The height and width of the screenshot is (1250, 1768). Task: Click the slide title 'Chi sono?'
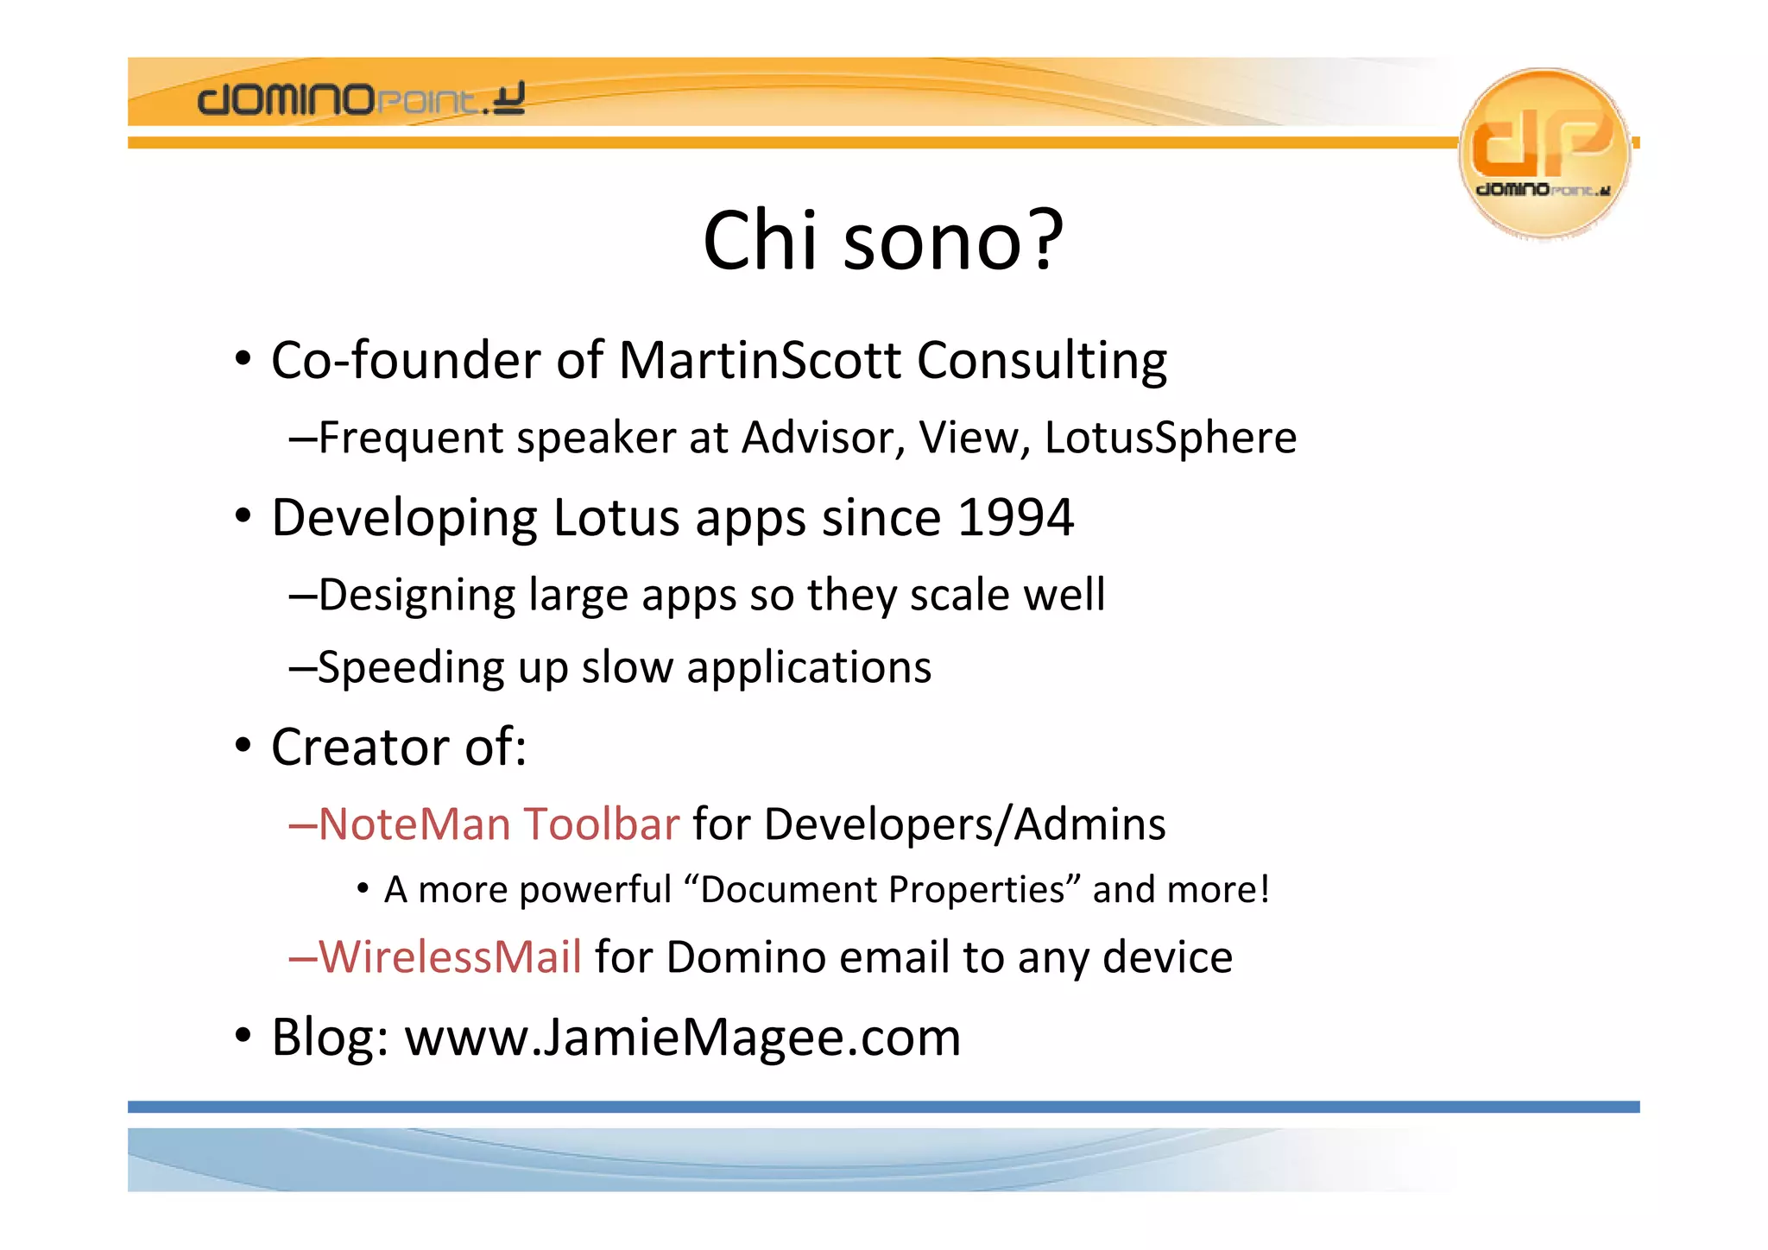tap(883, 241)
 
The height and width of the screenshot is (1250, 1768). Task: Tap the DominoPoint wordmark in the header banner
tap(361, 100)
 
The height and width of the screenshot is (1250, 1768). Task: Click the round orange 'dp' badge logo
tap(1544, 152)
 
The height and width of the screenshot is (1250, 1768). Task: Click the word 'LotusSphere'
tap(1170, 438)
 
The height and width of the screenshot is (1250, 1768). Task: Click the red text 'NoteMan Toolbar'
tap(499, 824)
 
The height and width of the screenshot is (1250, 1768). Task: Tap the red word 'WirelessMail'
tap(451, 957)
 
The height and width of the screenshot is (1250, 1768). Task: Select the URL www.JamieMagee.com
tap(682, 1038)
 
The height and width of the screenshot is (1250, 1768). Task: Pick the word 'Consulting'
tap(1041, 360)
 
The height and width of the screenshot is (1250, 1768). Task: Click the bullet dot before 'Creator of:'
tap(243, 746)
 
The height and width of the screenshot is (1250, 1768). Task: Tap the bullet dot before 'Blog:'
tap(243, 1035)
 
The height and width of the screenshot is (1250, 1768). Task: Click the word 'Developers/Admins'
tap(964, 824)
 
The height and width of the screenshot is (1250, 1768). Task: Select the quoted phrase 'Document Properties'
tap(882, 890)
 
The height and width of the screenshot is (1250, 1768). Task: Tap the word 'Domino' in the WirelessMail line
tap(746, 957)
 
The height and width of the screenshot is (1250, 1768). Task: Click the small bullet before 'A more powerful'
tap(363, 888)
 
